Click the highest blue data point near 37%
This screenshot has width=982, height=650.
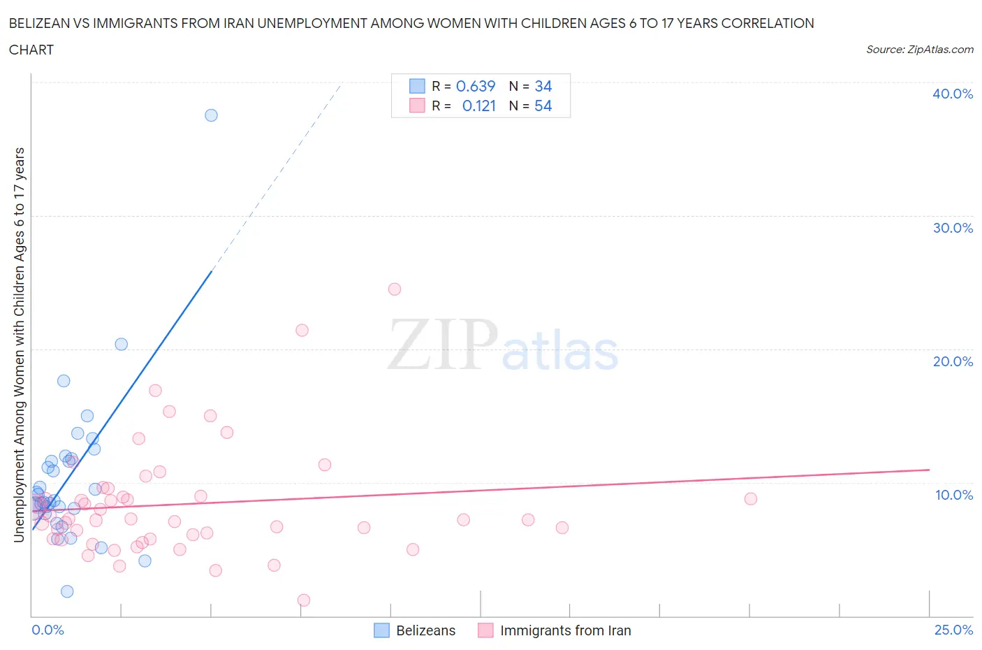[211, 115]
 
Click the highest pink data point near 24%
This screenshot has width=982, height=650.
[395, 289]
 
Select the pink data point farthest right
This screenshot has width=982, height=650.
[751, 499]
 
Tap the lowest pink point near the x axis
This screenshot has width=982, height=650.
[304, 600]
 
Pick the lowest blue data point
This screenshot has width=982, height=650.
[67, 591]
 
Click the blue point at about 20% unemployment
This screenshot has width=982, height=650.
[122, 344]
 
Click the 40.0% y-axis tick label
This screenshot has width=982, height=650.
[953, 94]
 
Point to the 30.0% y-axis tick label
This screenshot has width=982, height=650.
[953, 228]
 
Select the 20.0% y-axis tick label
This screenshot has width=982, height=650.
[953, 361]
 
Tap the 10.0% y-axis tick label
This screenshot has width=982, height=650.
[953, 495]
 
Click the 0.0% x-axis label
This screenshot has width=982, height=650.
[47, 630]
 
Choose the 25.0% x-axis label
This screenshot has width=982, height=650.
[953, 630]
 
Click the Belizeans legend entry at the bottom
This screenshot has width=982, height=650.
[425, 630]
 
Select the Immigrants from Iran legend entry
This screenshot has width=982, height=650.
[565, 630]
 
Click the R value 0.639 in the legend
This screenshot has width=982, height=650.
[476, 86]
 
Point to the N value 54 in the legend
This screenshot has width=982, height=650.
[543, 106]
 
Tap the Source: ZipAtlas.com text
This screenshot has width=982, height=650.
[919, 50]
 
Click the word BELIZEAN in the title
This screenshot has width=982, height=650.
[42, 23]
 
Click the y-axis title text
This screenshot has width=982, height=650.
[19, 345]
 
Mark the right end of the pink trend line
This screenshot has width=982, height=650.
[929, 470]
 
